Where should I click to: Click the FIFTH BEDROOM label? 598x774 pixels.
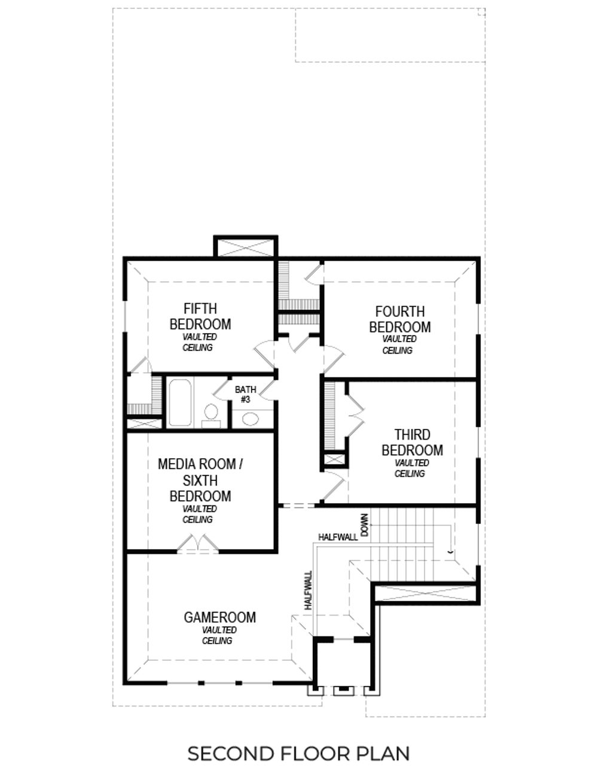[x=200, y=316]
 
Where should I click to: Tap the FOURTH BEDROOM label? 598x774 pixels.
[x=399, y=319]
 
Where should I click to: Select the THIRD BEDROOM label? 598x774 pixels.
[x=412, y=442]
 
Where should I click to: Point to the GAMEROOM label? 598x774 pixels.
[x=219, y=617]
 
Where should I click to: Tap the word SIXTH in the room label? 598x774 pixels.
[x=200, y=480]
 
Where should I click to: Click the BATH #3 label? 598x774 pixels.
[x=245, y=394]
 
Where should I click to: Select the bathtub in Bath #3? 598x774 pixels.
[x=179, y=402]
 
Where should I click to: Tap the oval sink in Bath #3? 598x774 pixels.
[x=249, y=418]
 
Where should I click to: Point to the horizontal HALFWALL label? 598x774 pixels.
[x=338, y=537]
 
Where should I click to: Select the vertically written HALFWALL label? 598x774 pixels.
[x=309, y=590]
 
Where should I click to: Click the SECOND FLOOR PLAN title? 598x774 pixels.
[x=298, y=754]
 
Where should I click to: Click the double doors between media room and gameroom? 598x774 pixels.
[x=198, y=544]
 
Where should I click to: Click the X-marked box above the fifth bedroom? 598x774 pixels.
[x=245, y=247]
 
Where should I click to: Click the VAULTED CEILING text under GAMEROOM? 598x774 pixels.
[x=218, y=635]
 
